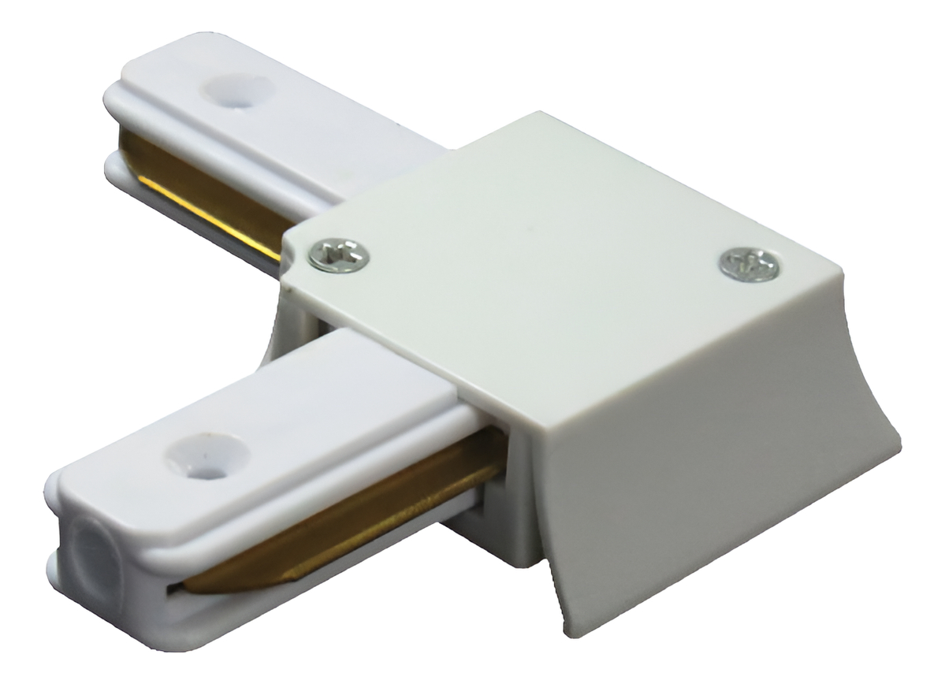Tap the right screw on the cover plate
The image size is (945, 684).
point(749,264)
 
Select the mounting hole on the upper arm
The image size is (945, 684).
point(236,88)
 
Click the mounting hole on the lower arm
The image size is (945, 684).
point(206,455)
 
